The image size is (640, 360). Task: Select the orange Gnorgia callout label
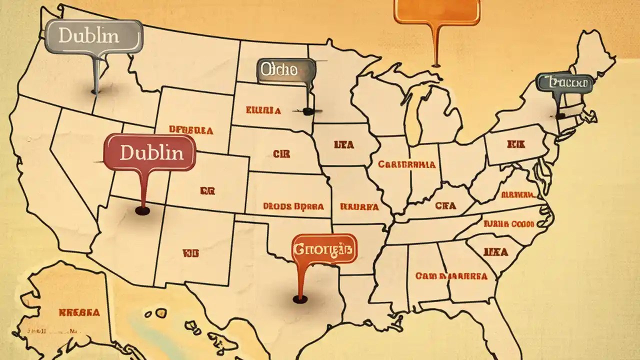coord(324,248)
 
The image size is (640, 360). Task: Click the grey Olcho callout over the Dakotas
coord(286,70)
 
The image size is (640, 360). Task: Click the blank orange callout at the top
coord(436,10)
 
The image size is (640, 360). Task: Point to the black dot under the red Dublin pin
coord(142,211)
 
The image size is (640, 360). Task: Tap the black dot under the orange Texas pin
coord(299,299)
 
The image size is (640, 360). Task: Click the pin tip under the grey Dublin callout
coord(95,91)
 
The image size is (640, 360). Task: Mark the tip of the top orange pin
coord(436,64)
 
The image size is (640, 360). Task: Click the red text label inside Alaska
coord(79,313)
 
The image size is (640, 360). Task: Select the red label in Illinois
coord(406,164)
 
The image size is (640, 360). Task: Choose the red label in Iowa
coord(343,145)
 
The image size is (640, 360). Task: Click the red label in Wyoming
coord(191,130)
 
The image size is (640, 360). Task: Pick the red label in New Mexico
coord(190,253)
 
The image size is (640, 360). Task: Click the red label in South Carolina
coord(495,252)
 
